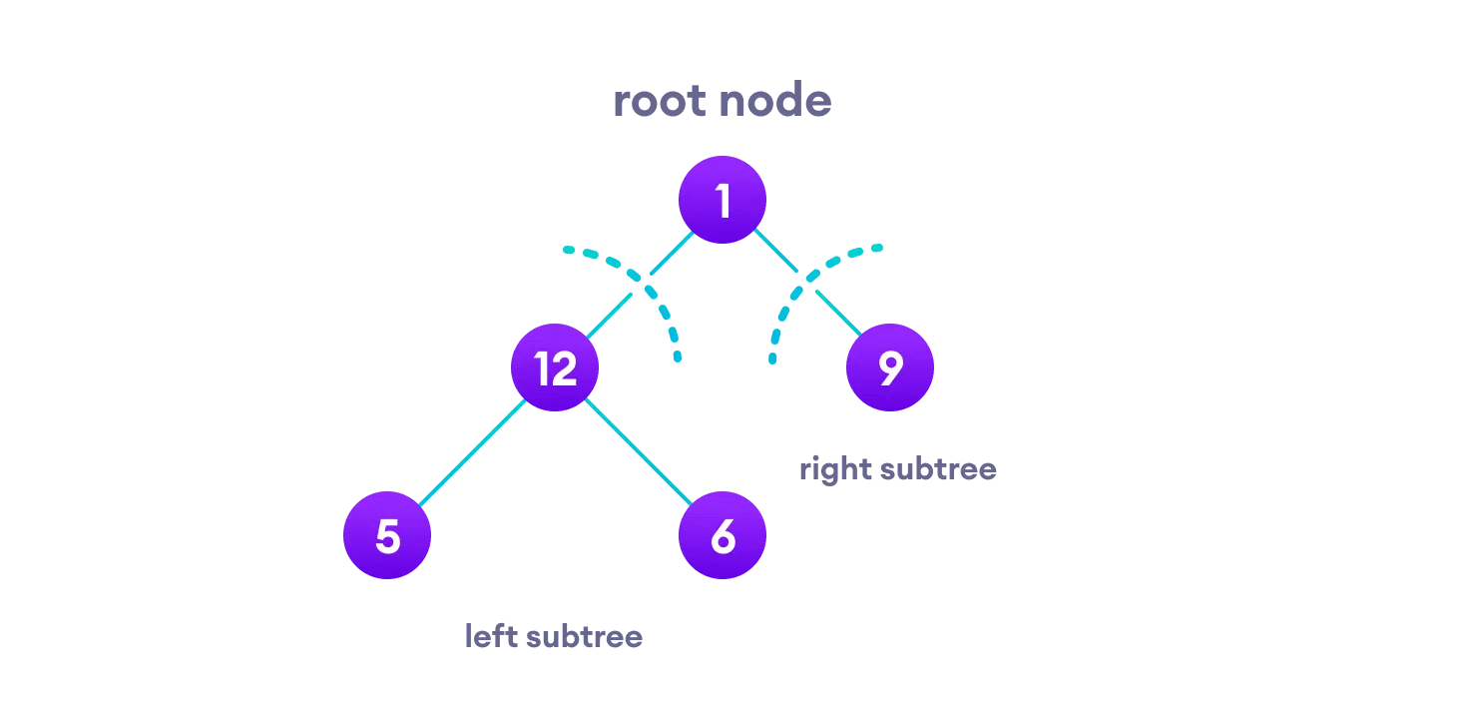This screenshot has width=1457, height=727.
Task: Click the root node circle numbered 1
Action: [723, 200]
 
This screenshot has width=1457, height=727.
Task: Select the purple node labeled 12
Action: [555, 367]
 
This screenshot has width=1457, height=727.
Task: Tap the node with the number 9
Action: [890, 367]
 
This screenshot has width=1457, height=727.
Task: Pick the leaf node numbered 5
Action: [387, 535]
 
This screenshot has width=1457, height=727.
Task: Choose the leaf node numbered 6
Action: [723, 535]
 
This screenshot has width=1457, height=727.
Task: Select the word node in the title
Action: [778, 102]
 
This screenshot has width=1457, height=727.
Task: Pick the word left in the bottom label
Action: [490, 636]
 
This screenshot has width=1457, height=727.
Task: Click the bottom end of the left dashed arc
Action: [678, 358]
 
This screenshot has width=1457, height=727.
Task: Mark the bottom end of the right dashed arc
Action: [771, 360]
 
